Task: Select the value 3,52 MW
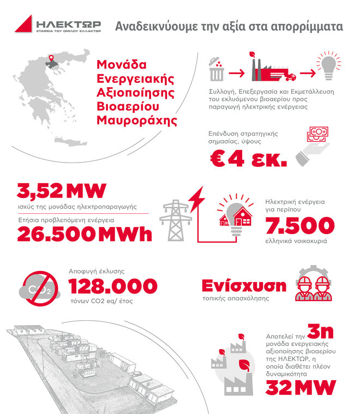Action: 61,192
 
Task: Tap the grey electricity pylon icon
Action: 173,220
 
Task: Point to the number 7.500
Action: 299,225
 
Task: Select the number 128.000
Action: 113,285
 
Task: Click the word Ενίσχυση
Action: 244,286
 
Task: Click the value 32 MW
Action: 301,388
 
